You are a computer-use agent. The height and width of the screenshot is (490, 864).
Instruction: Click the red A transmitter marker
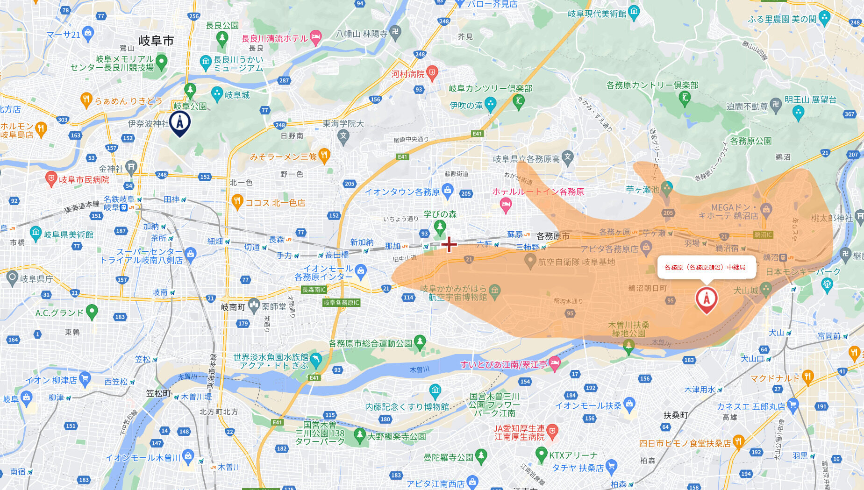(x=706, y=299)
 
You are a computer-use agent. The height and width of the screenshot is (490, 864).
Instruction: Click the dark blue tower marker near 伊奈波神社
(x=179, y=122)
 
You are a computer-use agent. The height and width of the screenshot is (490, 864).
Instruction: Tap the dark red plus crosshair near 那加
(x=449, y=244)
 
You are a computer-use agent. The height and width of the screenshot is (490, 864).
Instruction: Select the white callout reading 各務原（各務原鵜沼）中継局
(x=706, y=267)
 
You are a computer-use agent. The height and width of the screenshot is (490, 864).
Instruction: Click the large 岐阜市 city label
(x=156, y=41)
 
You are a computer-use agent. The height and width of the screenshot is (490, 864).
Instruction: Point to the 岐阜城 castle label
(x=237, y=95)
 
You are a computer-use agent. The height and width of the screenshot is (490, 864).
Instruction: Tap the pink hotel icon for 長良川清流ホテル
(x=316, y=37)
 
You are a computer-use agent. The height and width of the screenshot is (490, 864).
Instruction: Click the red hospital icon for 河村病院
(x=432, y=72)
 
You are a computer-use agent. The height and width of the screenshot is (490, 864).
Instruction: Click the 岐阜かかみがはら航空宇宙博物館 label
(x=453, y=293)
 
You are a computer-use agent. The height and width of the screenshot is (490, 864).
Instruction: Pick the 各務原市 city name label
(x=553, y=236)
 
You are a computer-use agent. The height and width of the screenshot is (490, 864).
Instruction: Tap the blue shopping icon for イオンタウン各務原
(x=447, y=190)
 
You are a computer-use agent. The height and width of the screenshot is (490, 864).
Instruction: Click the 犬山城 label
(x=745, y=291)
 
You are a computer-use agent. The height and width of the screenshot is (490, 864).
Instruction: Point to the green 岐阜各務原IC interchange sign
(x=341, y=303)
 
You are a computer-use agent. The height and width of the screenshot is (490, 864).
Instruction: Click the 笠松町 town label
(x=158, y=393)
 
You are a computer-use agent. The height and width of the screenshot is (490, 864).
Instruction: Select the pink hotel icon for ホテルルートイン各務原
(x=506, y=204)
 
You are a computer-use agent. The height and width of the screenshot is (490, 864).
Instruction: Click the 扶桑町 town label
(x=675, y=415)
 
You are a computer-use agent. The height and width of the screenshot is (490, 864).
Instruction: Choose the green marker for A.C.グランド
(x=92, y=311)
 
